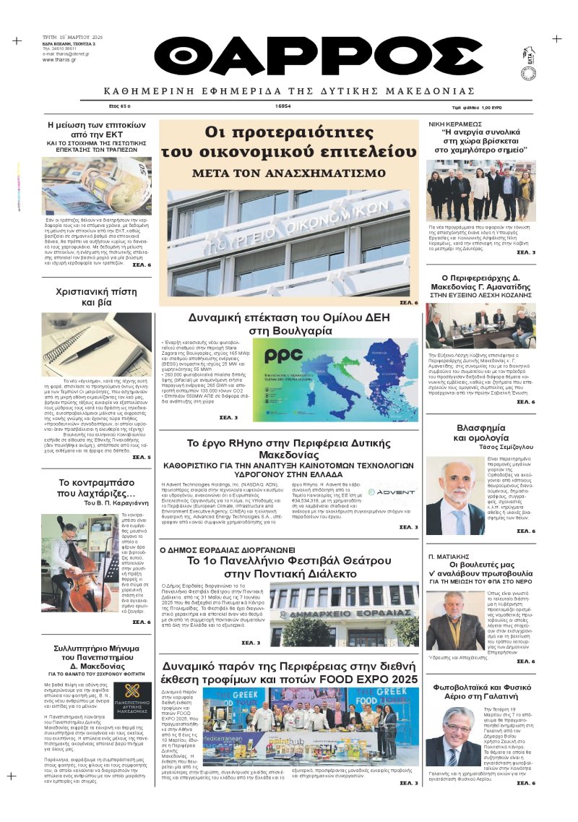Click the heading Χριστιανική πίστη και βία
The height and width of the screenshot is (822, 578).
pos(97,297)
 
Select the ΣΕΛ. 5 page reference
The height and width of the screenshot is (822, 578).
pos(142,458)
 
